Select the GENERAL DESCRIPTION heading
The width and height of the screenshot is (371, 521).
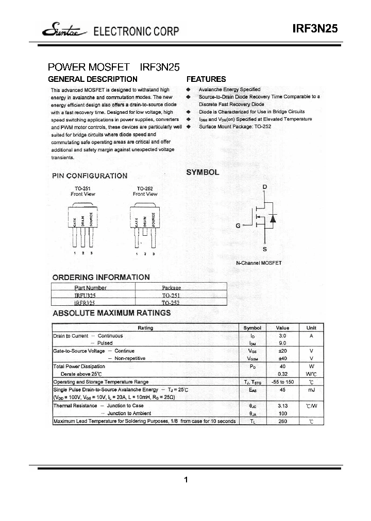pos(92,79)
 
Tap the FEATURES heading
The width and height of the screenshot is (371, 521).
pos(206,79)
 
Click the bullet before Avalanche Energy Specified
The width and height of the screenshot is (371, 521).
pos(189,90)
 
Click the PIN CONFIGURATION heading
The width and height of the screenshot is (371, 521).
pos(90,176)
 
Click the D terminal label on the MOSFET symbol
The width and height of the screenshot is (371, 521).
pos(264,186)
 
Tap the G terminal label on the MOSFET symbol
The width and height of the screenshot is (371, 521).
pos(238,225)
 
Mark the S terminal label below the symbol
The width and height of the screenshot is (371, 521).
pos(264,249)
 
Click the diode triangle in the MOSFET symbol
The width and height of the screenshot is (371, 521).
pos(273,218)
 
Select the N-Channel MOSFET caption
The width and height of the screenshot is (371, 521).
pos(259,263)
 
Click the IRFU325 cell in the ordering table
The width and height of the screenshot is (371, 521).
pos(85,296)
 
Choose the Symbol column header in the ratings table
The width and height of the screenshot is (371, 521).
pos(252,328)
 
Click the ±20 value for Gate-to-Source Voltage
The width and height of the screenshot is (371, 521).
pos(282,351)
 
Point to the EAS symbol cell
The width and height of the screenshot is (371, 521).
pos(252,390)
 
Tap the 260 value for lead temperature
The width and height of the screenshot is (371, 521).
pos(282,421)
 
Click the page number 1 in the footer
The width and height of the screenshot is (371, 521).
pos(185,480)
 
